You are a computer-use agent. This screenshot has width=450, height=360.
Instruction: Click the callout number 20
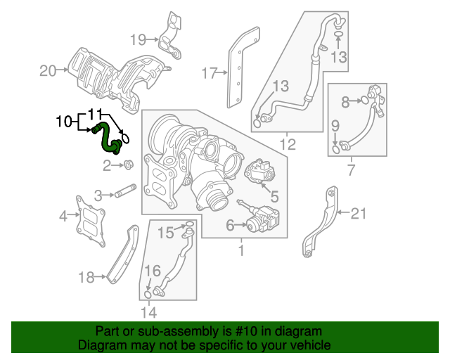48,70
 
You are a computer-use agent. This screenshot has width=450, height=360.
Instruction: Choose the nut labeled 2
128,166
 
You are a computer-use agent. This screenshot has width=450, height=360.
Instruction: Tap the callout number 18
86,278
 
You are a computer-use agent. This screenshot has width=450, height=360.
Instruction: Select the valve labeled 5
257,171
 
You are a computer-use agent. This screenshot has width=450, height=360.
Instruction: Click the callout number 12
288,146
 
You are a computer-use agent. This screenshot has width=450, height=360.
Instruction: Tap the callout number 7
352,169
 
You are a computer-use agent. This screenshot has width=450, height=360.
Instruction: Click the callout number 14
148,312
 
